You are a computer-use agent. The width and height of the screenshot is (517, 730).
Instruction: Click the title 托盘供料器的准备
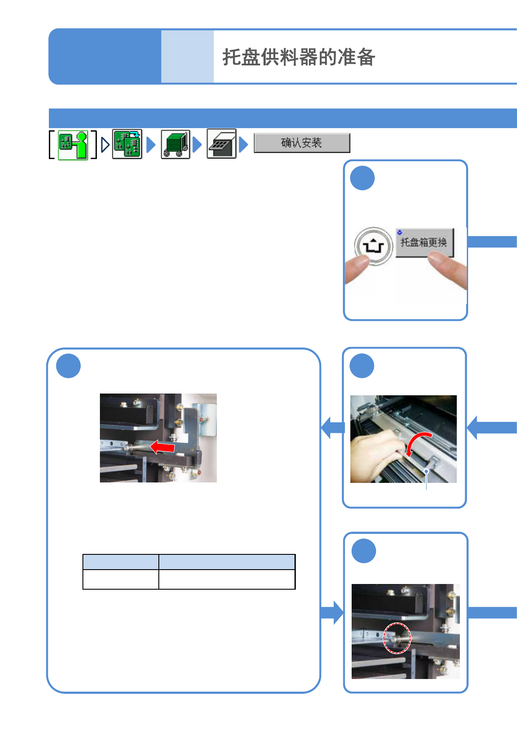click(x=299, y=57)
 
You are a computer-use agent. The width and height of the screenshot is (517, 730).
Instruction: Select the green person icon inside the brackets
click(x=73, y=145)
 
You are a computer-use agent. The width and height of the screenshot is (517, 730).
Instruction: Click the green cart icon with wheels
click(x=175, y=144)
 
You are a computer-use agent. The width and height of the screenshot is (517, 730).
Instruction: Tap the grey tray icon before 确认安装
click(x=221, y=144)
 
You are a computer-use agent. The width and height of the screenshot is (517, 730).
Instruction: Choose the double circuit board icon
click(x=127, y=144)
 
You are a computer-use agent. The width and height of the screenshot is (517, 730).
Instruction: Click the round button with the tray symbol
click(x=373, y=246)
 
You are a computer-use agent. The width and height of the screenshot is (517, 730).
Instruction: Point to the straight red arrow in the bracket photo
click(x=162, y=447)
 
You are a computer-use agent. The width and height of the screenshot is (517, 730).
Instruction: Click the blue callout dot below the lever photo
click(x=426, y=472)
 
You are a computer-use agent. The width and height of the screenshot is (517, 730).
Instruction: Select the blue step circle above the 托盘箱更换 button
click(x=362, y=178)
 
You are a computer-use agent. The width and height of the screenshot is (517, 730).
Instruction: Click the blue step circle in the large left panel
click(x=68, y=366)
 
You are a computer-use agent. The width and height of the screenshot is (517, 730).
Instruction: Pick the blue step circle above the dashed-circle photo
click(x=364, y=551)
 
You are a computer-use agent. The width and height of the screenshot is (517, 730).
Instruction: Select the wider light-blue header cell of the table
click(x=227, y=562)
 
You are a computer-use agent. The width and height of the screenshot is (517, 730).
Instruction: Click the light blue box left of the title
click(x=187, y=57)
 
